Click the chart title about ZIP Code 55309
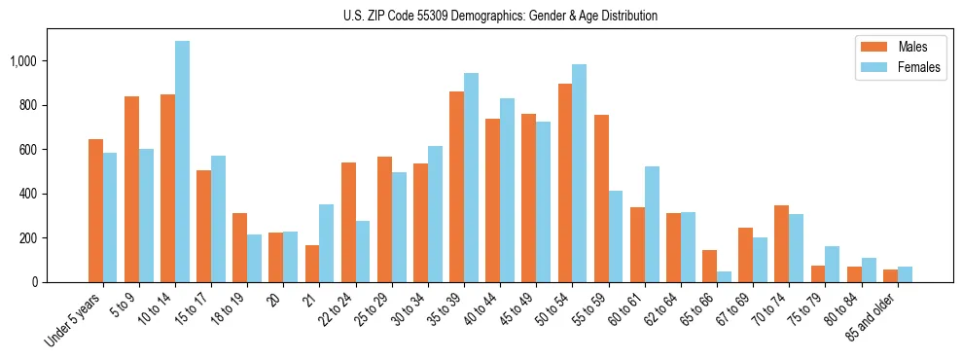coord(500,16)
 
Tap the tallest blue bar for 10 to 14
coord(182,162)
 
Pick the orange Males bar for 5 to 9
coord(131,190)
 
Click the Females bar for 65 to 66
coord(724,276)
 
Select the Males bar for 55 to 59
coord(601,198)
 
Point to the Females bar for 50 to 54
coord(580,173)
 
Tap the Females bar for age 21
coord(327,243)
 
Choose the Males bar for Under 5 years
coord(95,210)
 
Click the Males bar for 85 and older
coord(890,275)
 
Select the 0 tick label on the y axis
coord(35,282)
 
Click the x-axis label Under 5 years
coord(75,318)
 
